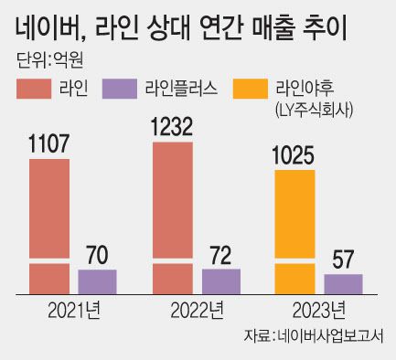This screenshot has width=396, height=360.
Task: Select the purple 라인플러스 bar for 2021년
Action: pyautogui.click(x=97, y=281)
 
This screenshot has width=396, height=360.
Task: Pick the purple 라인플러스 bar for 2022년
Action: pyautogui.click(x=220, y=281)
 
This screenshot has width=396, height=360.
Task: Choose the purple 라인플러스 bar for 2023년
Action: pyautogui.click(x=343, y=283)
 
